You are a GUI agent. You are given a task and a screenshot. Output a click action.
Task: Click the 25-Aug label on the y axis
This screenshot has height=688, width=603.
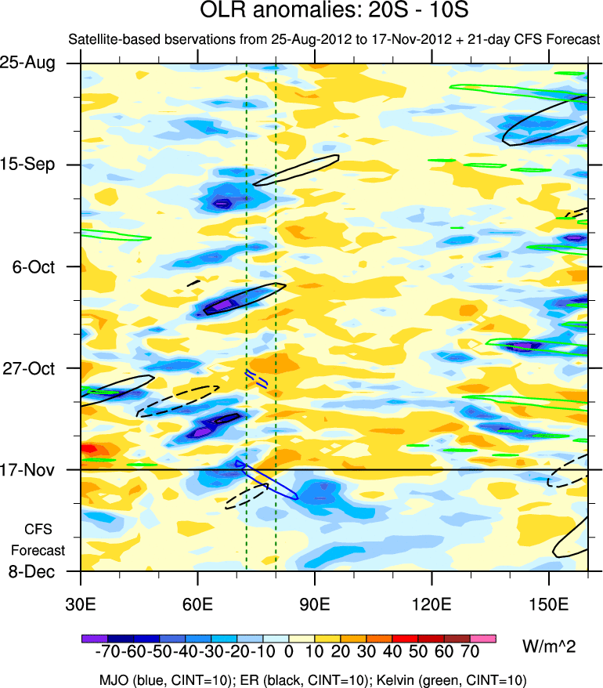[38, 63]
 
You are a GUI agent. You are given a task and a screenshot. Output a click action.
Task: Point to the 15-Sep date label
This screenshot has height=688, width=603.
[38, 165]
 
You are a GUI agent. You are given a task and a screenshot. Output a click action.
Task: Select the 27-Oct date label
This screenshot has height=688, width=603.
[38, 368]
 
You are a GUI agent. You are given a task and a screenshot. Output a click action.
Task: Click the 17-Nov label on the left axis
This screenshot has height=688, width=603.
[38, 470]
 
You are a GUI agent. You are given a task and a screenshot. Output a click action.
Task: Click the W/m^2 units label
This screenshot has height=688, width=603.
[548, 646]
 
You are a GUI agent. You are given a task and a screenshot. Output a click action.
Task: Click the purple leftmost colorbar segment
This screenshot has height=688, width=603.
[94, 639]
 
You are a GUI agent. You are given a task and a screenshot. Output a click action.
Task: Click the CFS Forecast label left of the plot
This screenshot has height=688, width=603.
[38, 538]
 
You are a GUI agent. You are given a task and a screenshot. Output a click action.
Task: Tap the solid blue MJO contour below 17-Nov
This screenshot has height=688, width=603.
[270, 484]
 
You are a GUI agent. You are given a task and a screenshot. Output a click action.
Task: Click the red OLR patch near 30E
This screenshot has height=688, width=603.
[88, 448]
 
